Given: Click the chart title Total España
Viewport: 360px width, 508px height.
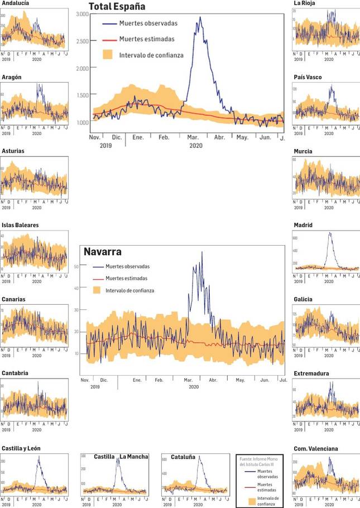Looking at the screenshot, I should (x=117, y=7).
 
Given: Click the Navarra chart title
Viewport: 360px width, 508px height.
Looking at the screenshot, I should (x=103, y=252).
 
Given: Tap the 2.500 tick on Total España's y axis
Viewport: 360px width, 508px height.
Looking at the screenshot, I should (x=81, y=41).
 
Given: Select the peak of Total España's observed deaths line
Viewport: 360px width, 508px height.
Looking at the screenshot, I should (x=200, y=17).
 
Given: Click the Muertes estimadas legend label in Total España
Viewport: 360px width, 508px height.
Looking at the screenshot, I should (x=147, y=39).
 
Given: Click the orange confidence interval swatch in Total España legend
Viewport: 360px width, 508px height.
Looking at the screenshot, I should (x=109, y=55).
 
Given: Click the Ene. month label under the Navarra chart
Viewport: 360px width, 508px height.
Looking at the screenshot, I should (x=137, y=380).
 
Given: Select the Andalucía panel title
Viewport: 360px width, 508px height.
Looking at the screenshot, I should (x=15, y=3).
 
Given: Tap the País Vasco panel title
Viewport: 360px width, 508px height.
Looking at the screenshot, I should (x=308, y=77).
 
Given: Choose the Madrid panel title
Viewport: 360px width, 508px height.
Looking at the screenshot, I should (x=303, y=226).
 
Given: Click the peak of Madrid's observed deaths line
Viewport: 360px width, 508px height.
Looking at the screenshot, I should (x=330, y=233).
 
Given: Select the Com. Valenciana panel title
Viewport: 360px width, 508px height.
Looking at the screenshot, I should (x=316, y=448).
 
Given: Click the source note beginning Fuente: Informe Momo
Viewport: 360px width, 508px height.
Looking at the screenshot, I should (x=259, y=461).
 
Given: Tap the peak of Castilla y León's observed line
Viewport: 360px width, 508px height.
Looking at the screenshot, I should (x=39, y=457).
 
